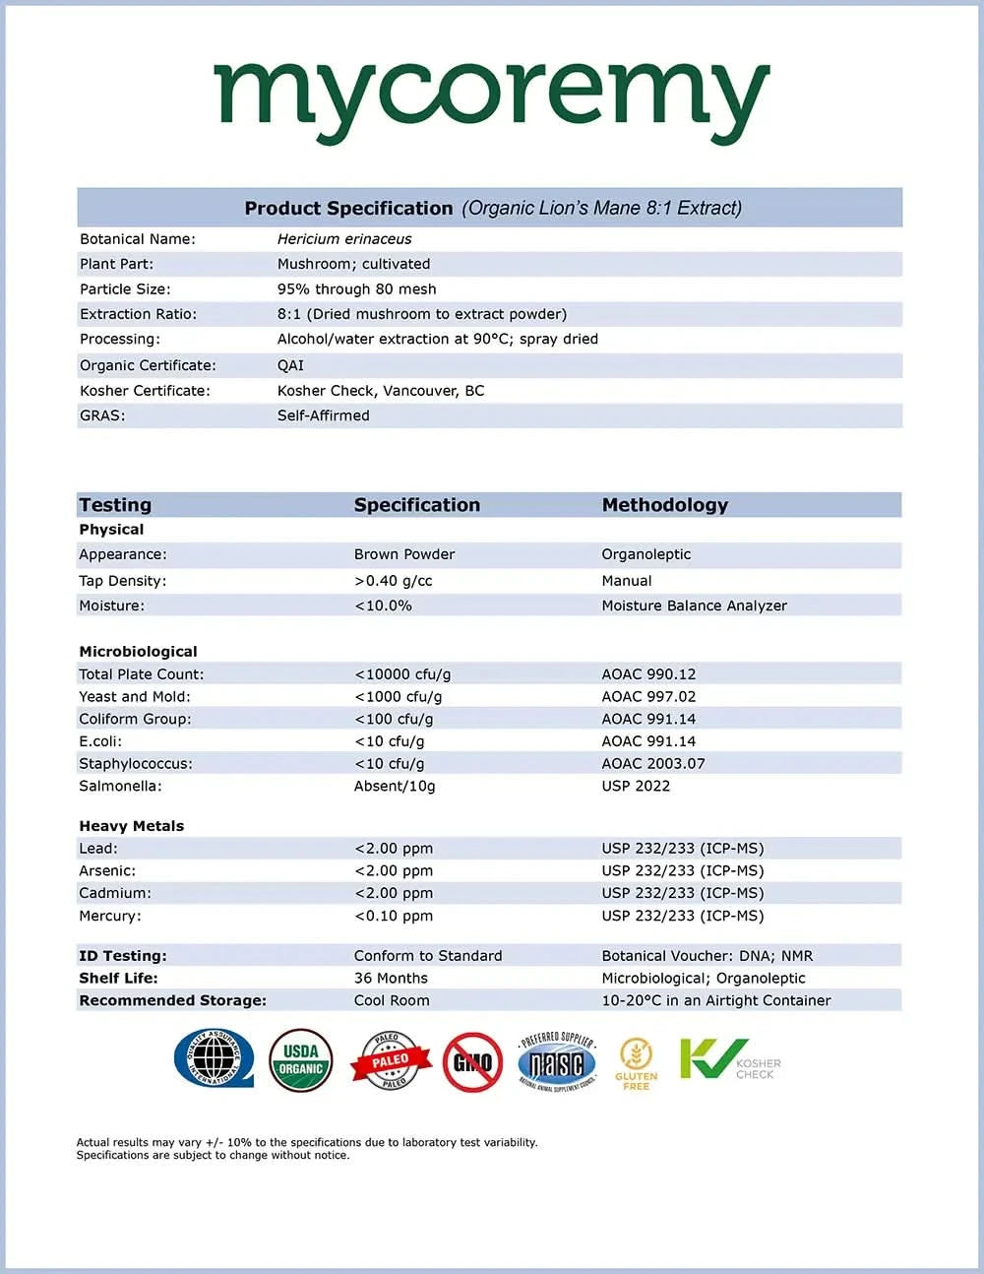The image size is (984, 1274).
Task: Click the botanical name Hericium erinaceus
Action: point(344,239)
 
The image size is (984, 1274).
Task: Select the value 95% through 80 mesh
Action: point(356,289)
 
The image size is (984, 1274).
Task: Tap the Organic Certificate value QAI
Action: point(290,365)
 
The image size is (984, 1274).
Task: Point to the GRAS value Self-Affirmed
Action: point(323,415)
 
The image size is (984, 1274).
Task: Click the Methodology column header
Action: point(664,505)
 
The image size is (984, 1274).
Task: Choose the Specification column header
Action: point(416,505)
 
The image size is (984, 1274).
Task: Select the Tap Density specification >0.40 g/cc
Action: point(393,581)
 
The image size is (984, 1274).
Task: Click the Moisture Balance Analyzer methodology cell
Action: point(694,605)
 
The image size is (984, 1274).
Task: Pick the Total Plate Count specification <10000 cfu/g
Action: point(402,674)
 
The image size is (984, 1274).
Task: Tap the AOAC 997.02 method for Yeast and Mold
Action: point(648,697)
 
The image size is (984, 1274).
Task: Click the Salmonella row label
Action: point(120,786)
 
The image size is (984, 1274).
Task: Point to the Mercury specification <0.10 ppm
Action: point(393,916)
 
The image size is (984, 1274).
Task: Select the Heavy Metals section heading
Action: point(131,826)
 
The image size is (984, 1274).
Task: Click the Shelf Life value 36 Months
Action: point(391,978)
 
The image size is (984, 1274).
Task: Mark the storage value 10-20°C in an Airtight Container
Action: point(715,1000)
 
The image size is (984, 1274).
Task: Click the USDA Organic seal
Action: point(300,1061)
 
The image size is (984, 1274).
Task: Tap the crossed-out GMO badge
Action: point(472,1062)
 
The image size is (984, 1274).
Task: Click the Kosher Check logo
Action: point(729,1061)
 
